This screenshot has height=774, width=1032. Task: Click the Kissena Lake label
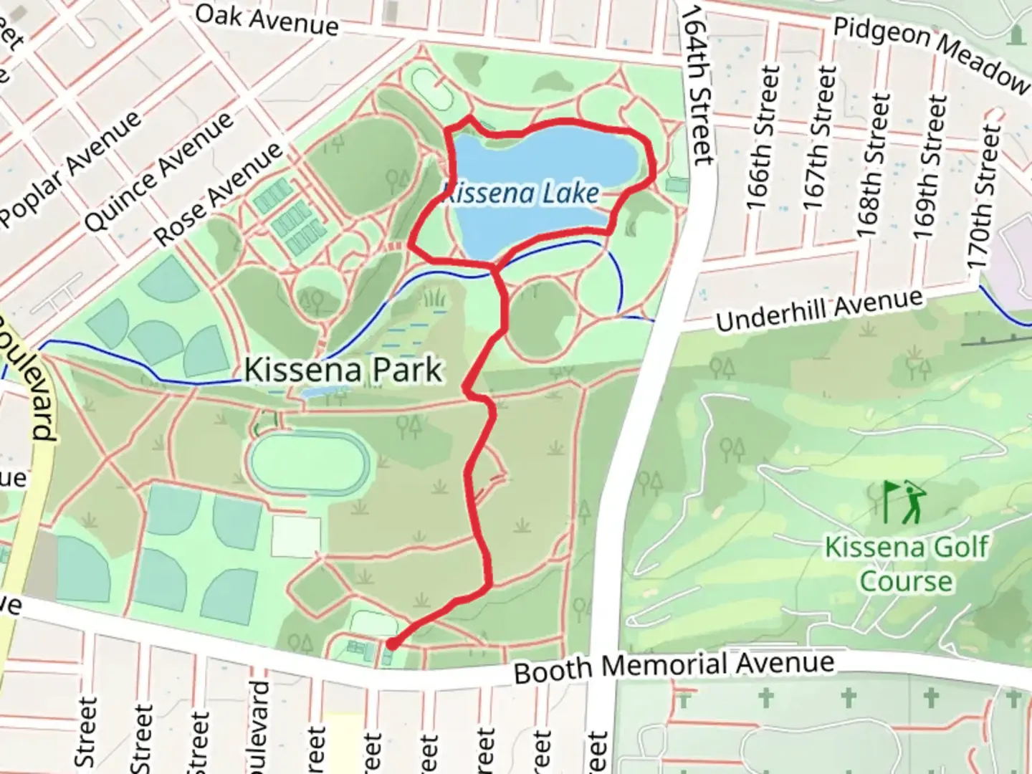pyautogui.click(x=521, y=193)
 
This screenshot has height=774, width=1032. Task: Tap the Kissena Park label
pyautogui.click(x=343, y=371)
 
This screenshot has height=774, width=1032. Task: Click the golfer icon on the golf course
pyautogui.click(x=904, y=501)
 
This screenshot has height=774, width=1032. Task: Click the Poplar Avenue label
pyautogui.click(x=72, y=170)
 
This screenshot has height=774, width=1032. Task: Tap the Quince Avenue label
pyautogui.click(x=159, y=171)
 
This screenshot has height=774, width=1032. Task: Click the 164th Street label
pyautogui.click(x=697, y=85)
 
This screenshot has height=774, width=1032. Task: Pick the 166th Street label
pyautogui.click(x=763, y=138)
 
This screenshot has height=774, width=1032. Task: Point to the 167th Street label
pyautogui.click(x=818, y=138)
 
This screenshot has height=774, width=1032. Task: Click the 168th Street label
pyautogui.click(x=873, y=166)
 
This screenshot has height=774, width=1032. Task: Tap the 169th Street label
pyautogui.click(x=929, y=166)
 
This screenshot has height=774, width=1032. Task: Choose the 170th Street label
pyautogui.click(x=984, y=196)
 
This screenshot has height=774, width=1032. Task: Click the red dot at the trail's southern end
pyautogui.click(x=392, y=644)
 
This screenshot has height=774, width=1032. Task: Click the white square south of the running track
pyautogui.click(x=295, y=536)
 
